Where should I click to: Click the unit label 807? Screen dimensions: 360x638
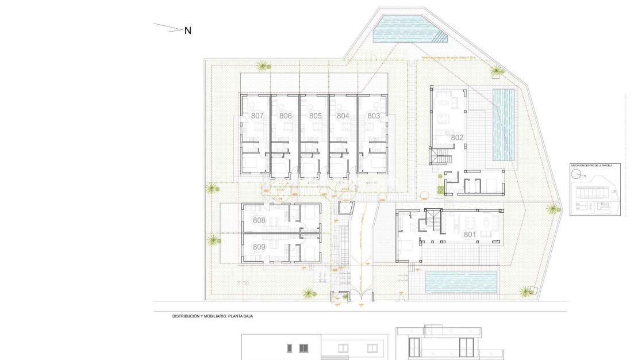257,116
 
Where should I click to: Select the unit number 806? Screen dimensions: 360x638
286,116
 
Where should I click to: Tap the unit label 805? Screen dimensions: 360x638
315,116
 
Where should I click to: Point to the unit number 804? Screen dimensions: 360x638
343,116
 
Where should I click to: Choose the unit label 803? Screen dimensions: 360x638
374,116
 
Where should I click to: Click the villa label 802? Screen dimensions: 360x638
458,137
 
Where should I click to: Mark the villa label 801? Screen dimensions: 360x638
470,234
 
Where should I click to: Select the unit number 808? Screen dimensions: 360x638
259,220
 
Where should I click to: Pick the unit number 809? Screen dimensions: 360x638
259,247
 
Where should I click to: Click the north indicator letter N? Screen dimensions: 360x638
187,31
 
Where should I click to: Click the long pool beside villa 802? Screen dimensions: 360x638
504,125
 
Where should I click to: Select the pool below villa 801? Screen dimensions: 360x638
460,282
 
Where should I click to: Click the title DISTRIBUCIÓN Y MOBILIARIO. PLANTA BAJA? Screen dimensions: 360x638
213,316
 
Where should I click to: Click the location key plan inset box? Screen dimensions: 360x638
594,189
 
